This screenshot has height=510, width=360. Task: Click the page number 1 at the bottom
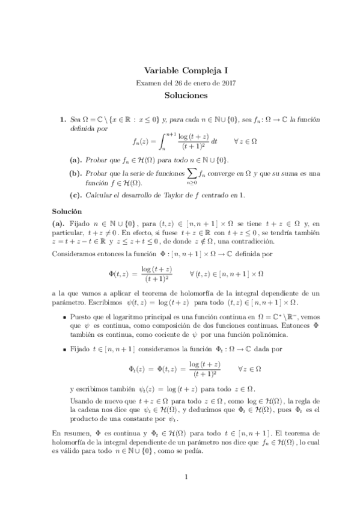coord(186,477)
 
